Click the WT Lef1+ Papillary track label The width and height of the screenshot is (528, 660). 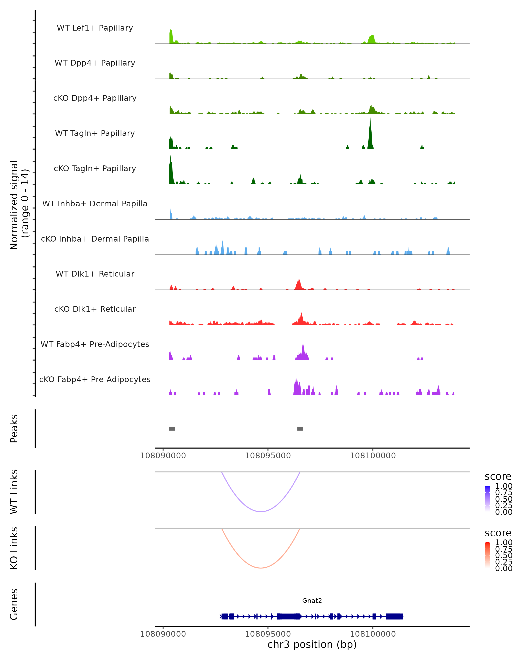pyautogui.click(x=95, y=28)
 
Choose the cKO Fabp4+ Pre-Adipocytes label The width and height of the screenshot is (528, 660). pyautogui.click(x=95, y=379)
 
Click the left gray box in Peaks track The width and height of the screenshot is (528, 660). pyautogui.click(x=172, y=429)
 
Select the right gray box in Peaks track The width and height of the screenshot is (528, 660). pyautogui.click(x=300, y=429)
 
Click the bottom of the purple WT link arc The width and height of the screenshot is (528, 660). pyautogui.click(x=261, y=511)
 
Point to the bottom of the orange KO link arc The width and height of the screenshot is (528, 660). pyautogui.click(x=261, y=568)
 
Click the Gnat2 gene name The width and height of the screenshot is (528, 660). pyautogui.click(x=312, y=601)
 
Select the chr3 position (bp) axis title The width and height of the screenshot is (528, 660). pyautogui.click(x=312, y=644)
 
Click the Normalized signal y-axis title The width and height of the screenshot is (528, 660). pyautogui.click(x=19, y=205)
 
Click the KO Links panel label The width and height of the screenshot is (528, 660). pyautogui.click(x=14, y=548)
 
